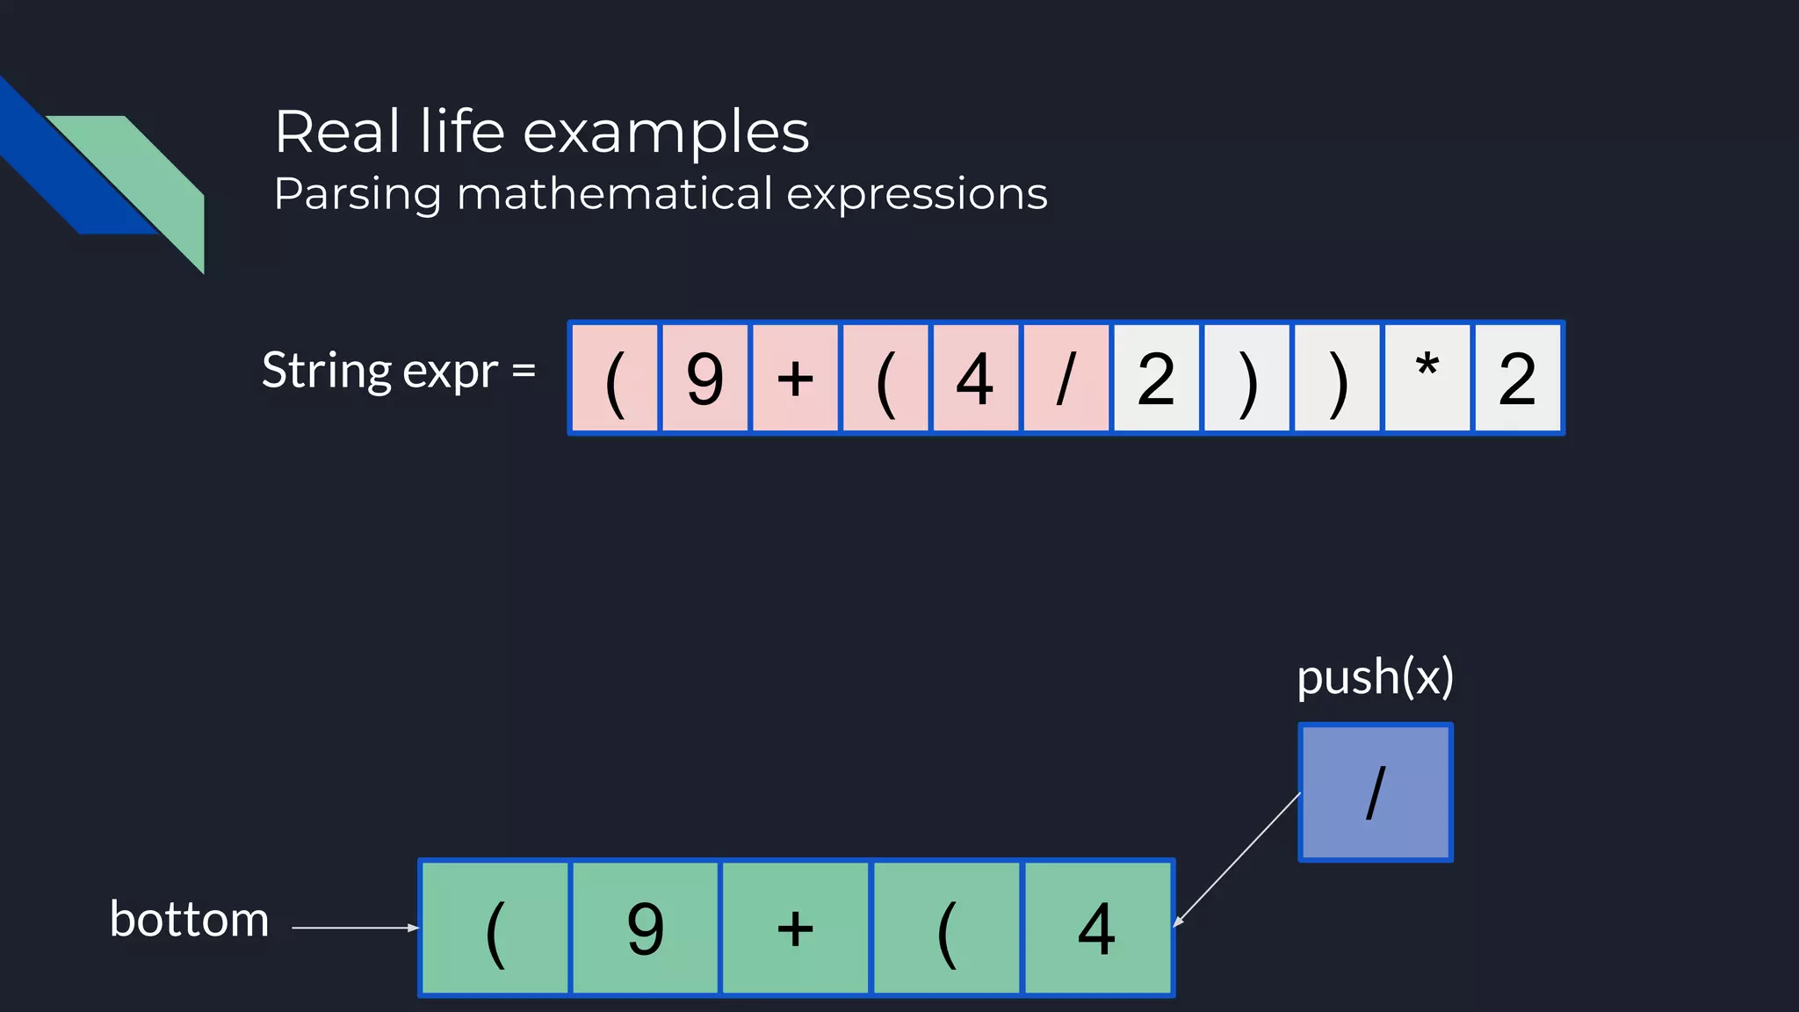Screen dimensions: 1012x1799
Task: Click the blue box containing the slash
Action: click(x=1375, y=792)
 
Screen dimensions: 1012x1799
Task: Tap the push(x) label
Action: click(x=1375, y=677)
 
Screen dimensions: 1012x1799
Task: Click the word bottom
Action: click(x=189, y=920)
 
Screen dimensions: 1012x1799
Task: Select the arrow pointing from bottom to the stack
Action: click(x=355, y=927)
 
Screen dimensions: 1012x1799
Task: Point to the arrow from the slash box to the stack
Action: click(x=1237, y=859)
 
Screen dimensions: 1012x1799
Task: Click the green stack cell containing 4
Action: click(x=1097, y=928)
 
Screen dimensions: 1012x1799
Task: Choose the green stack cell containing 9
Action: click(x=646, y=928)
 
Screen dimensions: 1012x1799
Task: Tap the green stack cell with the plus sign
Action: click(x=796, y=928)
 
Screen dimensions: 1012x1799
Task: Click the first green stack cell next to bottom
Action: click(x=495, y=928)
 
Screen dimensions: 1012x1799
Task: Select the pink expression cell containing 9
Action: click(x=705, y=379)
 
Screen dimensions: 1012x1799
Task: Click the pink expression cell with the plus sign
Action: click(x=796, y=379)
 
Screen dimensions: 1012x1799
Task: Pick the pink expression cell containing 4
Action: click(x=975, y=379)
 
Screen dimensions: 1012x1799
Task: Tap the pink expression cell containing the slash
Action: click(x=1066, y=379)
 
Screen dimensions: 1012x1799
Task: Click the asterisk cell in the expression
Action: click(x=1427, y=379)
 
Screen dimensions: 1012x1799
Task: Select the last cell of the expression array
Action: click(x=1518, y=379)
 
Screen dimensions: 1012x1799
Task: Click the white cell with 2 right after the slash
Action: click(x=1156, y=379)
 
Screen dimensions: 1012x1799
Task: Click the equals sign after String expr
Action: click(x=524, y=371)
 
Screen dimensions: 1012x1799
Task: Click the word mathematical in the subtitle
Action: click(x=614, y=194)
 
